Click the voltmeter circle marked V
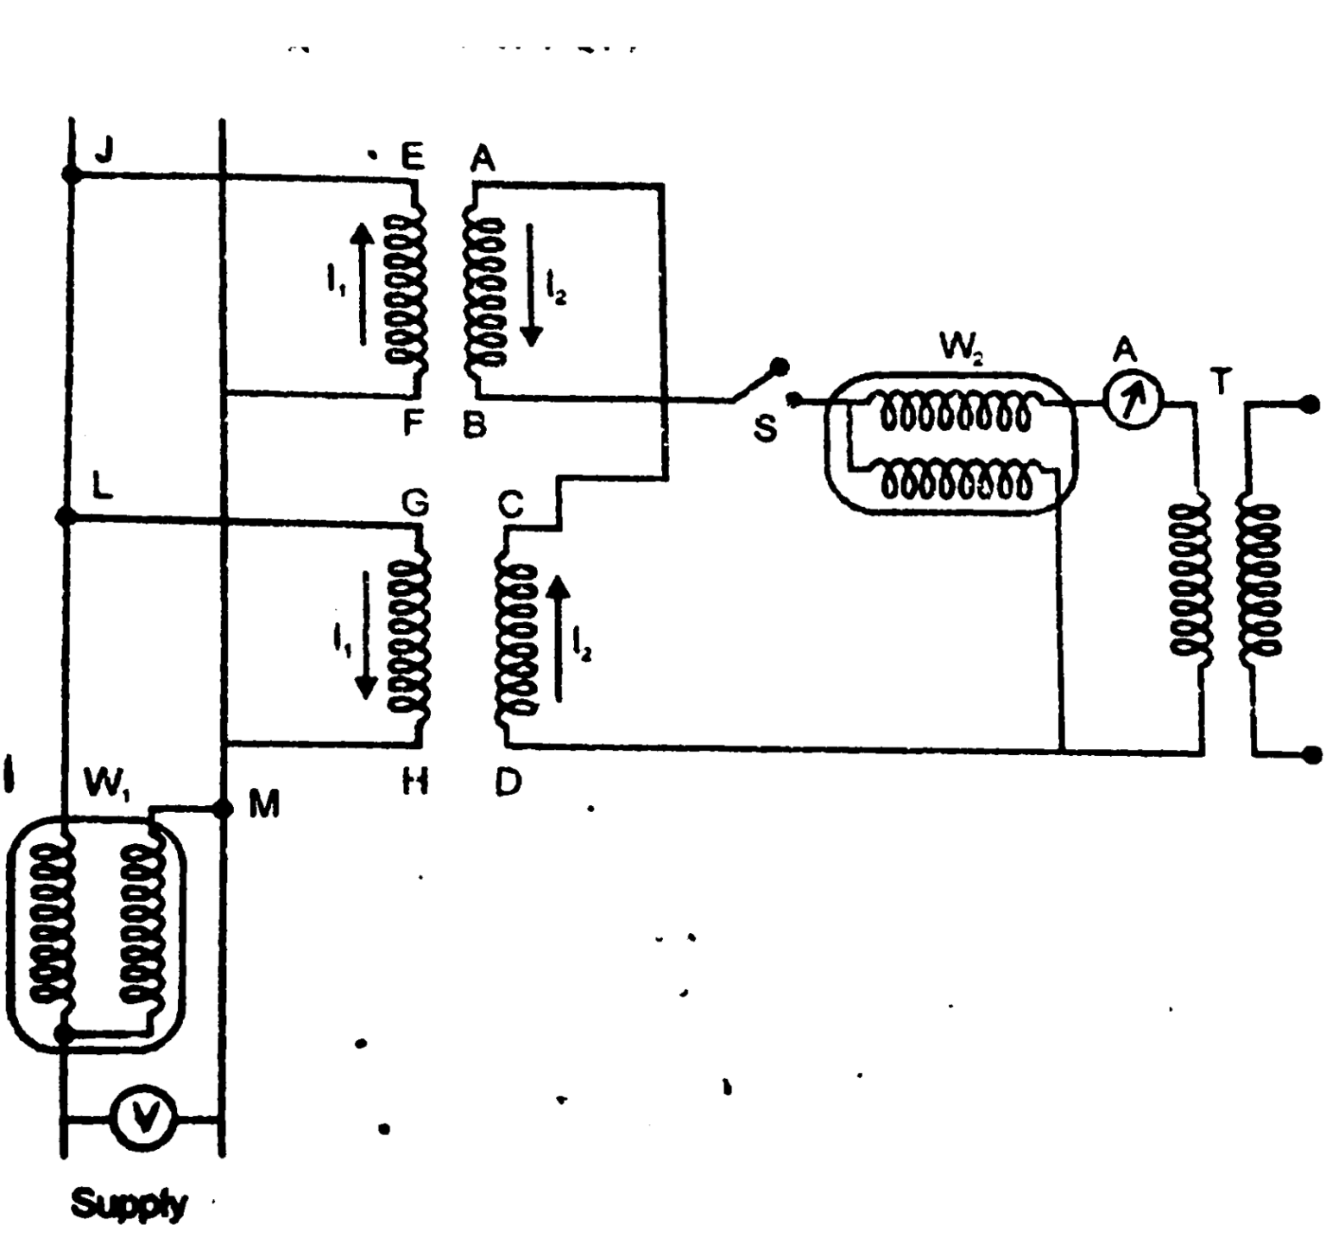point(144,1119)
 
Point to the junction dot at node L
point(65,517)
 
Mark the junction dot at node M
point(223,809)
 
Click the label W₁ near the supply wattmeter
point(105,784)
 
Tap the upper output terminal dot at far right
point(1310,403)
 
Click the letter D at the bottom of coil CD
point(508,783)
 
